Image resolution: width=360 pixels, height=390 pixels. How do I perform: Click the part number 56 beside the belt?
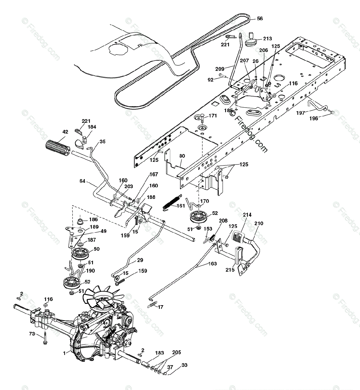point(260,19)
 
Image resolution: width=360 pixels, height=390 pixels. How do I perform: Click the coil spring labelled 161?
point(171,202)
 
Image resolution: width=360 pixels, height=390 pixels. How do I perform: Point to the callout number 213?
point(267,39)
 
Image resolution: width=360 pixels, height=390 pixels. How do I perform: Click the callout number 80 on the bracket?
point(182,156)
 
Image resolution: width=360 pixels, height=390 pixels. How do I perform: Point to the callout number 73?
point(32,334)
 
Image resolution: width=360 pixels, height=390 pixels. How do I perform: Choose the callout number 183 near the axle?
point(159,353)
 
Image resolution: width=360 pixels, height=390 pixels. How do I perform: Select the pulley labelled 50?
point(81,253)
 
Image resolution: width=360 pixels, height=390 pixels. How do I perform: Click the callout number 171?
point(212,116)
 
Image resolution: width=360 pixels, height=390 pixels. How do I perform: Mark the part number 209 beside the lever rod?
point(220,69)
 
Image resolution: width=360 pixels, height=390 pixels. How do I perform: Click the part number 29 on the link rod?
point(140,260)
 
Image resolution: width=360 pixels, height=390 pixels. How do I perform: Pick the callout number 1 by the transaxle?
point(64,352)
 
